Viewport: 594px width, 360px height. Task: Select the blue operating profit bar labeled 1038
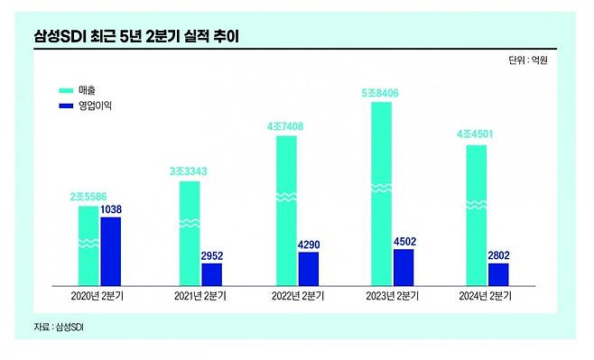(x=111, y=251)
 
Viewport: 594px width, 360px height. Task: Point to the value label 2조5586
(x=88, y=197)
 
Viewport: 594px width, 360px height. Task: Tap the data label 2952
(x=211, y=255)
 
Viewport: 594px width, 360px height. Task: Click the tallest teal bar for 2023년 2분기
(x=382, y=193)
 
